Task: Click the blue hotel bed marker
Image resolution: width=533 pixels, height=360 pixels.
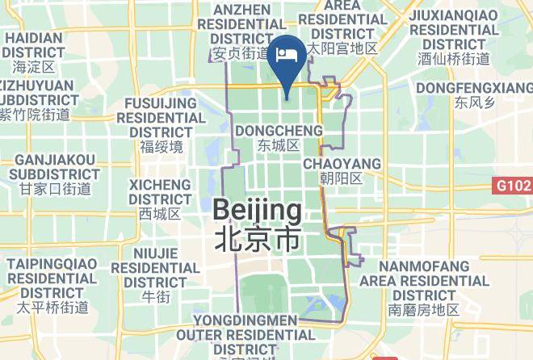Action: [x=287, y=56]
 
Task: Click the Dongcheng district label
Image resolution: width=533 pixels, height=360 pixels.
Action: [x=279, y=130]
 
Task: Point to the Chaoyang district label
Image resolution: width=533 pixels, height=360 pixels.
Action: [x=342, y=164]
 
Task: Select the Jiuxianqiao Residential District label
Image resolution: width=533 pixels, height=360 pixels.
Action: [x=454, y=29]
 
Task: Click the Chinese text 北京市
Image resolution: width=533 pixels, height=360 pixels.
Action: [x=257, y=239]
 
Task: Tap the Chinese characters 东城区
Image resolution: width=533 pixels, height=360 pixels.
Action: [x=279, y=145]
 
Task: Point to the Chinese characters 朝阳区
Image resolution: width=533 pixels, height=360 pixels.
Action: [x=341, y=178]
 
